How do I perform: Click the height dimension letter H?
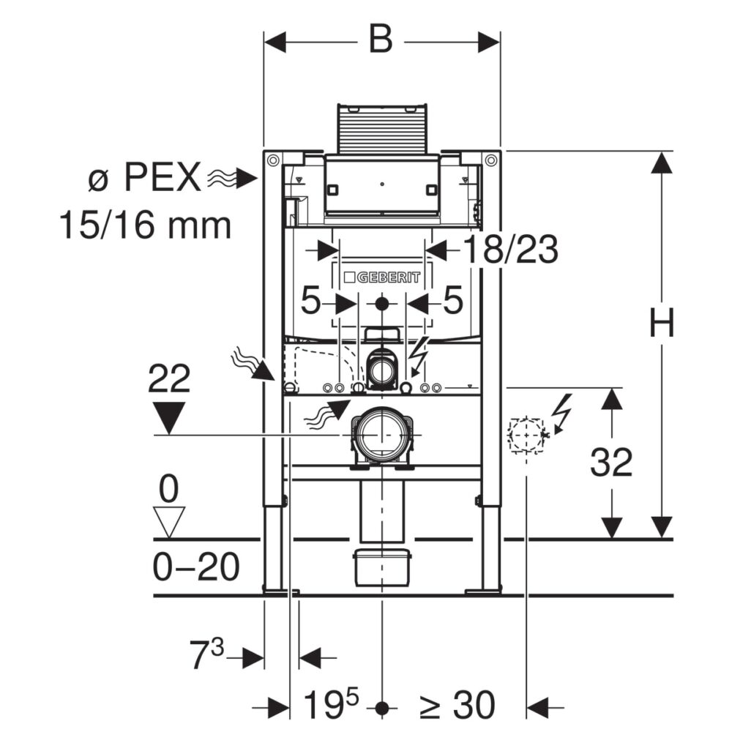(662, 322)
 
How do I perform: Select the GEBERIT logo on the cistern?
(382, 277)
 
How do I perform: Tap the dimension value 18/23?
(511, 250)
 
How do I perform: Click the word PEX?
(162, 177)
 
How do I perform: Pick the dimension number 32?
(611, 462)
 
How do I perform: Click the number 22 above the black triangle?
(169, 379)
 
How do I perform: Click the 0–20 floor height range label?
(196, 567)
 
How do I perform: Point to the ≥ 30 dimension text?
(457, 704)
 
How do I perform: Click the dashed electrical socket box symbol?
(526, 435)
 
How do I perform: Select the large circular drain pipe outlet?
(382, 434)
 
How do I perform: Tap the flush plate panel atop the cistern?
(382, 127)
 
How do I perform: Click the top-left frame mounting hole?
(272, 160)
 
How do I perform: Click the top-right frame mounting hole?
(490, 160)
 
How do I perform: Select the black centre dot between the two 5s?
(382, 304)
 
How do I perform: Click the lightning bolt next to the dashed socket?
(561, 413)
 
